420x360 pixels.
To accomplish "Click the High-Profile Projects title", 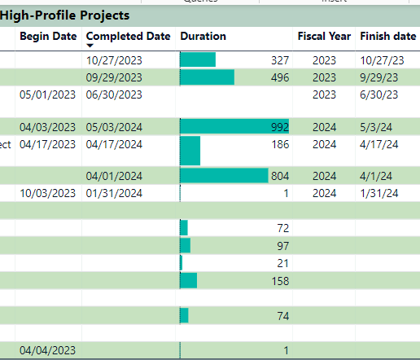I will (65, 15).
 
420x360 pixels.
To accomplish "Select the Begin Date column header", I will (48, 36).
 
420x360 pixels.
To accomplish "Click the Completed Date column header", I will (128, 36).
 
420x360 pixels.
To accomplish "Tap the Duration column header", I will (203, 36).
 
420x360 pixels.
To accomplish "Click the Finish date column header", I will (387, 36).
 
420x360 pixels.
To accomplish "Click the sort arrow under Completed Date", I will (90, 46).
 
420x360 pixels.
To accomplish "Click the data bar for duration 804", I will (224, 176).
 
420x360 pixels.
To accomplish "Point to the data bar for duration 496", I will (207, 77).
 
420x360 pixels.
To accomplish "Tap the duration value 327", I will (279, 59).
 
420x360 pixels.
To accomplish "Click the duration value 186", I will (279, 144).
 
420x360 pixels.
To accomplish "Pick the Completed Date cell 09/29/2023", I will (113, 77).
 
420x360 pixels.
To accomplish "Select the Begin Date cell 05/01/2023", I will (47, 94).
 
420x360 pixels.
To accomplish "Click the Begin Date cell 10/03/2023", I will (47, 193).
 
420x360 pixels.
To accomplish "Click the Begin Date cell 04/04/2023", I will (47, 350).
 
